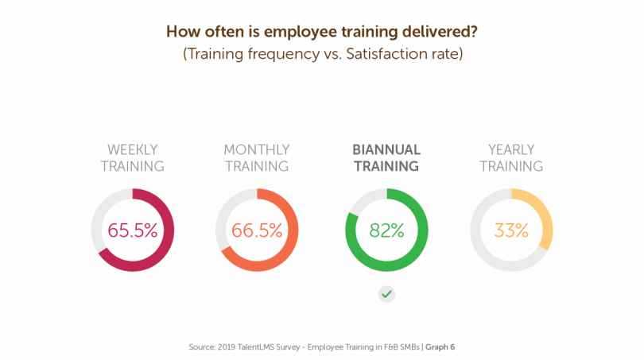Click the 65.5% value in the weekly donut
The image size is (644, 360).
point(133,230)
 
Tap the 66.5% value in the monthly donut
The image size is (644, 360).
point(257,230)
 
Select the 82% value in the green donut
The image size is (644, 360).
point(386,230)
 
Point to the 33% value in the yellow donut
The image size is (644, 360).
point(511,230)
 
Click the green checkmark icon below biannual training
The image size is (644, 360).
point(386,294)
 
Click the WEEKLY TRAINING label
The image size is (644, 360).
point(133,157)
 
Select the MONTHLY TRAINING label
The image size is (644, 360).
point(257,157)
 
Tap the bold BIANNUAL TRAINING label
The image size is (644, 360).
point(386,157)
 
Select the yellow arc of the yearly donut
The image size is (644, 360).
point(545,215)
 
